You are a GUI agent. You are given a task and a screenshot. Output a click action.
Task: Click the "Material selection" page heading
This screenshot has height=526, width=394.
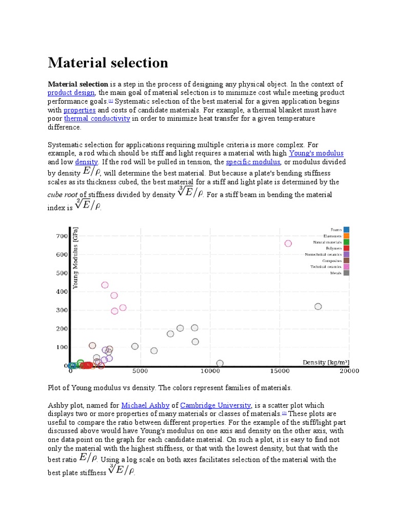tap(108, 63)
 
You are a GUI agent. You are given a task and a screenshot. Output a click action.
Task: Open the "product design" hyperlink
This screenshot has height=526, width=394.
tap(71, 93)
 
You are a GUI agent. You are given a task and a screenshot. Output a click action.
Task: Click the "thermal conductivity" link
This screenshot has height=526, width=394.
tap(97, 119)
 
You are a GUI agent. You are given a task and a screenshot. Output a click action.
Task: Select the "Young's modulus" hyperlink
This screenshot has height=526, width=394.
tap(316, 154)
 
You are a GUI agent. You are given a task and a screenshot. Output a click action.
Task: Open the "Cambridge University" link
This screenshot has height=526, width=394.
tap(215, 405)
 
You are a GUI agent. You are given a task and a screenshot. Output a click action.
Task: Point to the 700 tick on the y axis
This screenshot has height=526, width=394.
tap(61, 236)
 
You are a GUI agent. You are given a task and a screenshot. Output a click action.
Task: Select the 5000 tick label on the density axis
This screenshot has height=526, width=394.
tap(140, 371)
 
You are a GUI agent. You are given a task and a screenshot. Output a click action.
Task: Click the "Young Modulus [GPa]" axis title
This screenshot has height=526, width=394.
tap(75, 258)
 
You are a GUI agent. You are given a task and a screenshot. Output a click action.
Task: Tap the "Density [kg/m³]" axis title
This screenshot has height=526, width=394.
tap(325, 363)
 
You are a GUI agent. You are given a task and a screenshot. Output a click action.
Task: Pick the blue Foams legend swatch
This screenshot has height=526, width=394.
tap(347, 230)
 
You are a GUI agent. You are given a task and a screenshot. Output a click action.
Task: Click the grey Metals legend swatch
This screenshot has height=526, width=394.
tap(347, 273)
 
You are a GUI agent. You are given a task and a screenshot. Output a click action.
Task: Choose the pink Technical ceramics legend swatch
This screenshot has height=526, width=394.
tap(347, 267)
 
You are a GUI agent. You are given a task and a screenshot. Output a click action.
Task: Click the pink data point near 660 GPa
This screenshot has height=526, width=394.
tap(288, 243)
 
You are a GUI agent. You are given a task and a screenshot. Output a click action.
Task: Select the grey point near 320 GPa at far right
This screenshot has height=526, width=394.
tap(318, 307)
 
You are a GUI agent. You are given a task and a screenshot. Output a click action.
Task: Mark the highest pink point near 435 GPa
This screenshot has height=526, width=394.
tap(105, 285)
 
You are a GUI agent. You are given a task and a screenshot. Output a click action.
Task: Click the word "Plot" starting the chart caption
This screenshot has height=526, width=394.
tap(55, 388)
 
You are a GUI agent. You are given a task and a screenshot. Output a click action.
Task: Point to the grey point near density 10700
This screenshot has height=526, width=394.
tap(220, 363)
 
